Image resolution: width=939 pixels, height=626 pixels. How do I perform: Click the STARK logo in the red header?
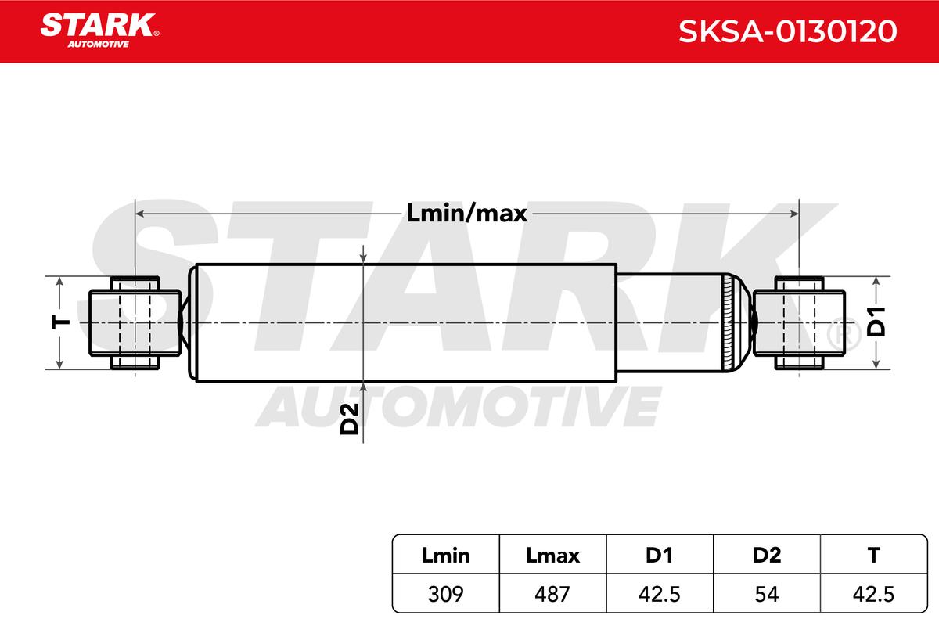(99, 31)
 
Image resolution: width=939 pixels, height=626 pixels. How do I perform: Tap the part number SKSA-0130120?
(788, 31)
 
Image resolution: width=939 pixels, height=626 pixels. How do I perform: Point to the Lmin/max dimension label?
(466, 213)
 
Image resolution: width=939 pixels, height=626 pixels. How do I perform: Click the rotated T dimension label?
(60, 323)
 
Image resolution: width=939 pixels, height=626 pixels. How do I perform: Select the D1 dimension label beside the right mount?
(876, 322)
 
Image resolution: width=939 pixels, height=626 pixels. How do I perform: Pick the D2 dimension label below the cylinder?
(349, 419)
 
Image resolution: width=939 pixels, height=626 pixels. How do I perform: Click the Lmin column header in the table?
(445, 556)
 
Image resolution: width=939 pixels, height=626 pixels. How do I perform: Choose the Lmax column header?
(552, 556)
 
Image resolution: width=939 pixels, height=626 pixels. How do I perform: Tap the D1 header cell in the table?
(660, 556)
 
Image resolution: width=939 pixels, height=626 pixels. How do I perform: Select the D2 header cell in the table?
(767, 556)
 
